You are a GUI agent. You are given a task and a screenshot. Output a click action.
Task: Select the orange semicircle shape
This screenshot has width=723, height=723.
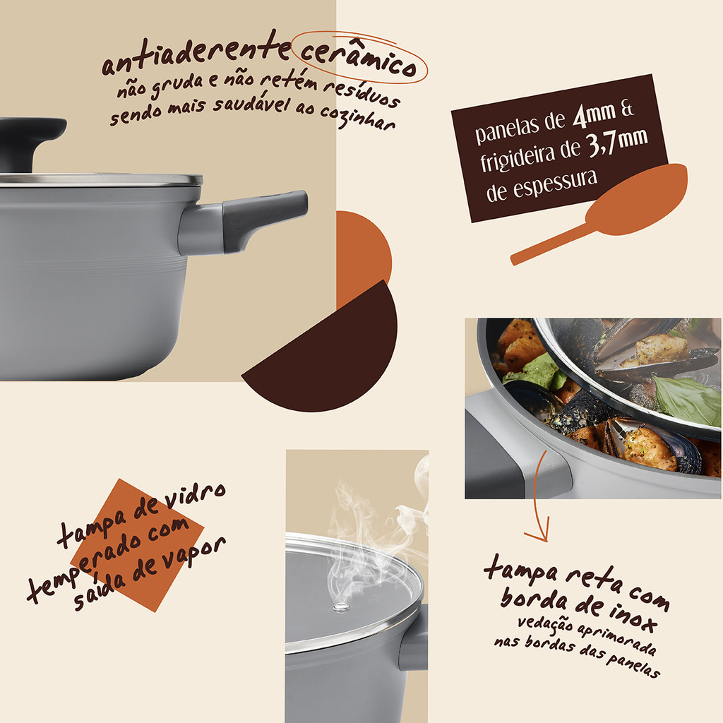(x=364, y=259)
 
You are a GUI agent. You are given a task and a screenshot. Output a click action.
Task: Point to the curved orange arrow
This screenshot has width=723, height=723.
(x=536, y=497)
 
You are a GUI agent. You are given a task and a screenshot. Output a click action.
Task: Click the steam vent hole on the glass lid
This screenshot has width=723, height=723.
(x=341, y=607)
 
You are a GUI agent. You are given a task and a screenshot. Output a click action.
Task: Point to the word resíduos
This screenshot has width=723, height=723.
(x=361, y=94)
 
